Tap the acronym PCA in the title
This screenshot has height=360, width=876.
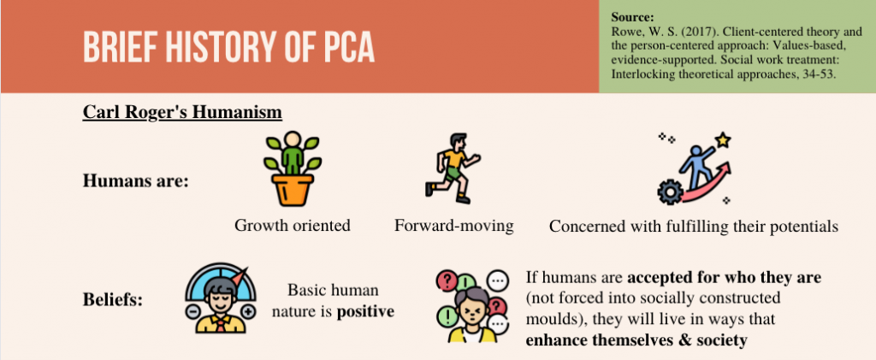point(349,47)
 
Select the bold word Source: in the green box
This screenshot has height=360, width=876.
point(632,17)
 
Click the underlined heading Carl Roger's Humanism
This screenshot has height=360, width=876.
point(182,112)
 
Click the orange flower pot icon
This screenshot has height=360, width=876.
point(293,190)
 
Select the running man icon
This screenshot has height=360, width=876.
point(452,168)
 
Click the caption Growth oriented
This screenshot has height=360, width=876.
point(293,226)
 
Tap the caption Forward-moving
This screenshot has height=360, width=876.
point(453,226)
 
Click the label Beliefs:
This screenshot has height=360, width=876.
point(113,300)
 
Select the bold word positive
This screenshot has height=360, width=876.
point(365,311)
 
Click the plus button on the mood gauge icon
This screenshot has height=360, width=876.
point(249,311)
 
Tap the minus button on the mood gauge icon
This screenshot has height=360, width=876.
point(192,311)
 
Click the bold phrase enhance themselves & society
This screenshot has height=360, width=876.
point(636,340)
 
